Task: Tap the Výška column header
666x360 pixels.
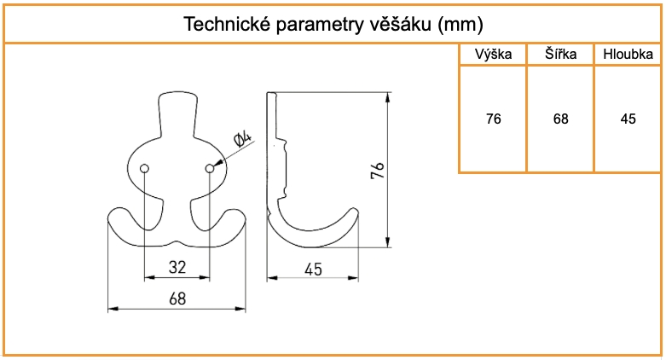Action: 493,55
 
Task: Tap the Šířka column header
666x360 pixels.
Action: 560,55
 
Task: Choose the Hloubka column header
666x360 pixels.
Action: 628,55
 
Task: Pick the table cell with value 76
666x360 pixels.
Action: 493,119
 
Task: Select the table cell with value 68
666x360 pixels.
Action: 560,119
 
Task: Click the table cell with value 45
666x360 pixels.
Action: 628,119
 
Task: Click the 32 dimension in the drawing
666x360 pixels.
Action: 177,267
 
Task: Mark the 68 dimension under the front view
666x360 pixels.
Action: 177,299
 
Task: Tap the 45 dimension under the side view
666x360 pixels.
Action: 312,270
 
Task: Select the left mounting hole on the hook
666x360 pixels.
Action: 144,168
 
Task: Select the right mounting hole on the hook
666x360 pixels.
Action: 209,168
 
